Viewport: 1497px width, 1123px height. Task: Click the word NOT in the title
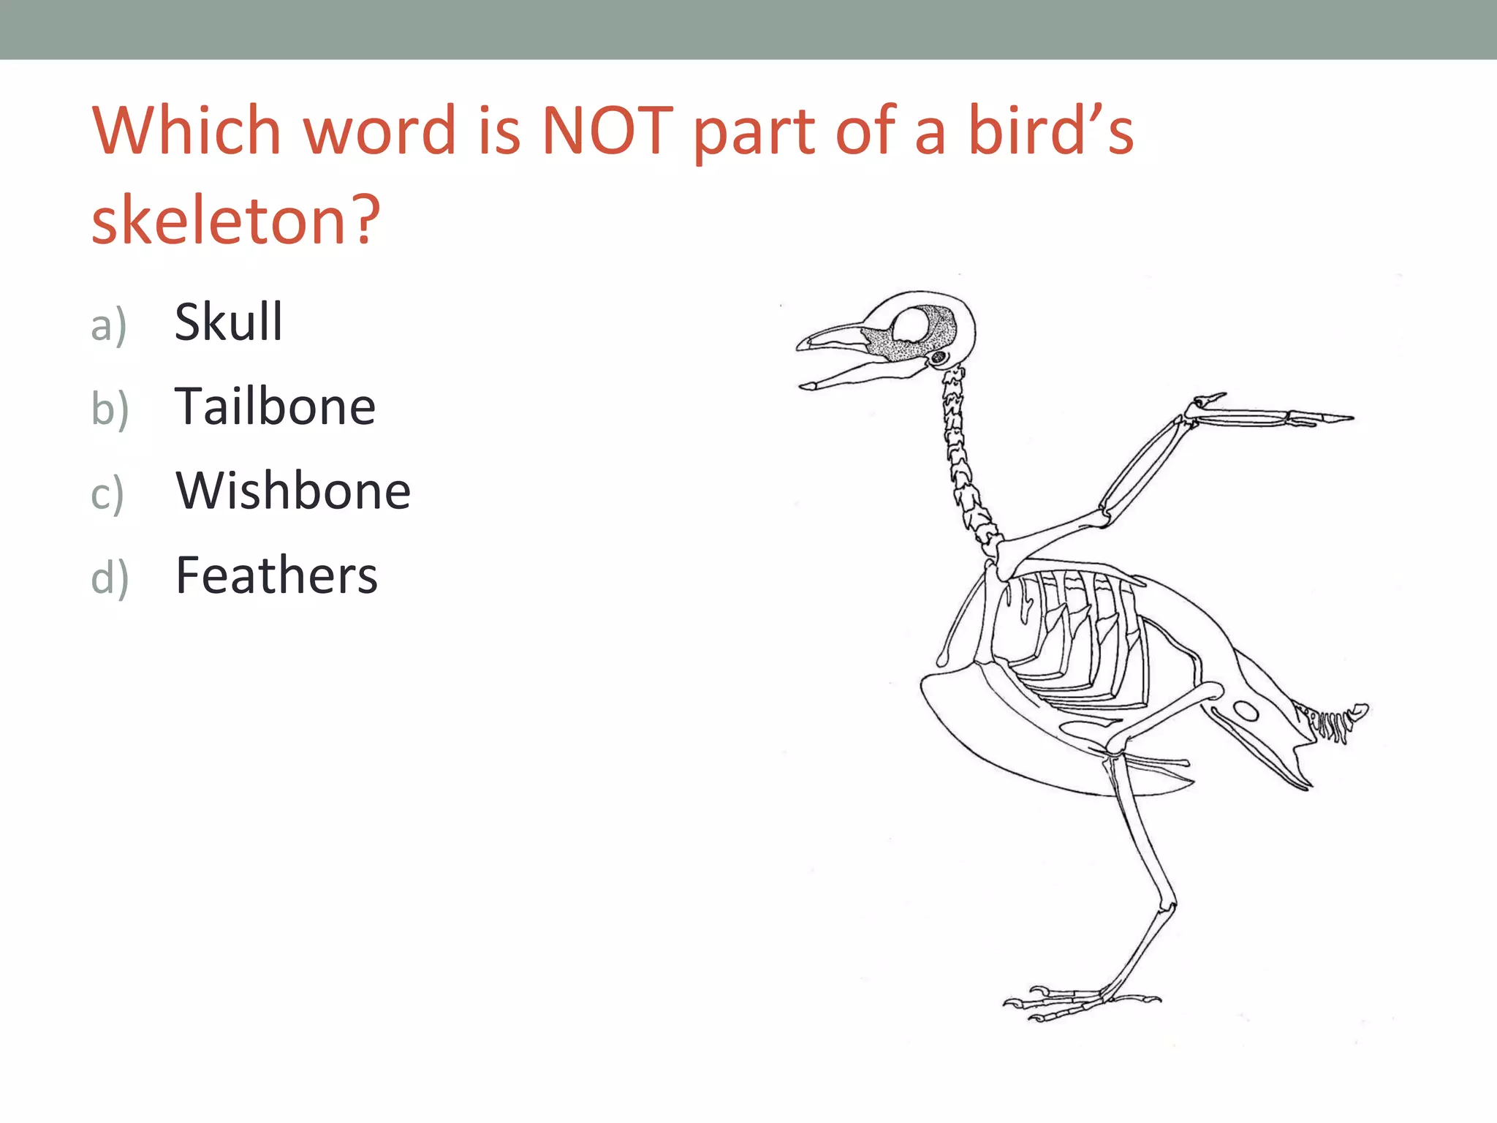(607, 132)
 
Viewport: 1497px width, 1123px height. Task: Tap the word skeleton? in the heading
(235, 219)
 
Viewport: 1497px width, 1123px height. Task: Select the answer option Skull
(228, 322)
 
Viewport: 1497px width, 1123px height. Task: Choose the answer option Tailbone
(275, 407)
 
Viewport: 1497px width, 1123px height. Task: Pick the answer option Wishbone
(292, 491)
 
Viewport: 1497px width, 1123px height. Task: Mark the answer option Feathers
(276, 575)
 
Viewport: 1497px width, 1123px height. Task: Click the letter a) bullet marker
(108, 325)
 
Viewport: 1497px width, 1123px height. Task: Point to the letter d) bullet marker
(110, 578)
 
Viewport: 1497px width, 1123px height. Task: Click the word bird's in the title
(1050, 132)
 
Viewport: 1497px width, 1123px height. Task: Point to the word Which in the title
(186, 132)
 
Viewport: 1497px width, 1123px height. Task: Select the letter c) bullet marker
(107, 494)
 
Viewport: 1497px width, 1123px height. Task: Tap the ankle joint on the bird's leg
(1167, 907)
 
